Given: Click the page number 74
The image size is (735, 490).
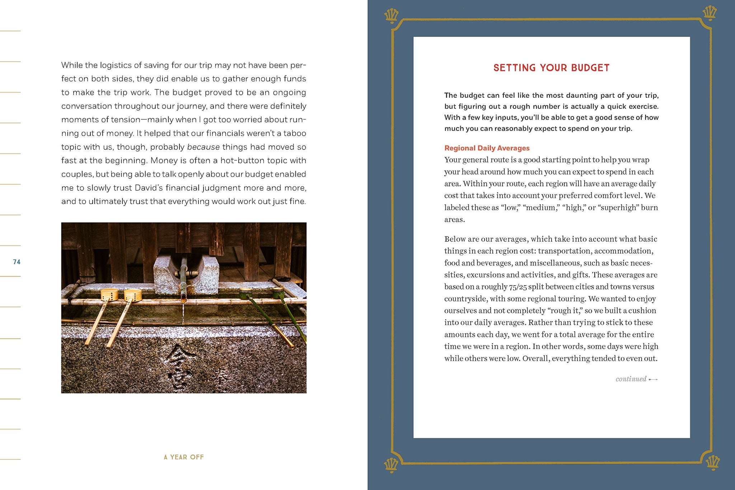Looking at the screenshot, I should tap(17, 262).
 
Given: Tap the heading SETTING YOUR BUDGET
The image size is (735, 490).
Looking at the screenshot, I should tap(551, 68).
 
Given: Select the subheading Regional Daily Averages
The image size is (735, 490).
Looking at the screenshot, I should tap(487, 148).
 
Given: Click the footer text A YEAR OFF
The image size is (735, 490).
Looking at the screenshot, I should tap(184, 457).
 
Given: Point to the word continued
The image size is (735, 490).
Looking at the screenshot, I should tap(631, 379).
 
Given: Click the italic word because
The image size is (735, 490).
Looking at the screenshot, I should tap(203, 147).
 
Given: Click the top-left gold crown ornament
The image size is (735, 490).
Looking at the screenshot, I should tap(391, 15).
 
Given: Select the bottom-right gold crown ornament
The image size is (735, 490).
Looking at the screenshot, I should tap(712, 463).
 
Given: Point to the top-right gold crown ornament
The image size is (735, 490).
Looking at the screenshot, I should tap(709, 13).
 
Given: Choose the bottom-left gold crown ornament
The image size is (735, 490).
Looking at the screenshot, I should tap(391, 466).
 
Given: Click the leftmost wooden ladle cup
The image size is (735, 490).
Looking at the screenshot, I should tap(109, 295).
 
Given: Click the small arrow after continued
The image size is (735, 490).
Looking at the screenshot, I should tap(653, 379).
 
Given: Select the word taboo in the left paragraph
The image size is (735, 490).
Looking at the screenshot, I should tap(294, 133).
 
